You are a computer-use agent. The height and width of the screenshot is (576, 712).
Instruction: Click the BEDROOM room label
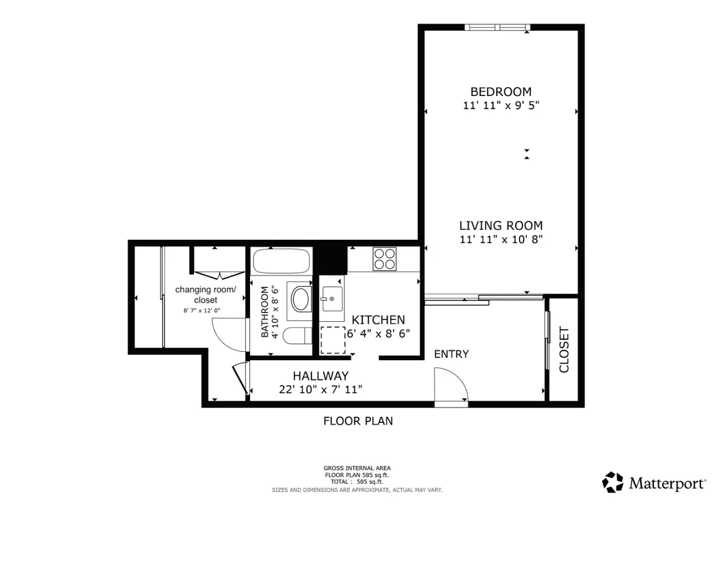point(501,92)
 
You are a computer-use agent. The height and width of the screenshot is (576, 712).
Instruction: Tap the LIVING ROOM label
point(501,226)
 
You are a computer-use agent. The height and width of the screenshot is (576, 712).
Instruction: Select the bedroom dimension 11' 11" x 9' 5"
point(501,105)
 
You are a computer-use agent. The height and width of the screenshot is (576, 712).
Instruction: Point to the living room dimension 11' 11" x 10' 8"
point(501,240)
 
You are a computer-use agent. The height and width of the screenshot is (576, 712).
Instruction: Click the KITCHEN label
point(378,320)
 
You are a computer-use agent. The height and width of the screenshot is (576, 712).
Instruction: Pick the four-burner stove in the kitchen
point(385,259)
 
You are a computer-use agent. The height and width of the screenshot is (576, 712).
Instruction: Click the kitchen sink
point(332,299)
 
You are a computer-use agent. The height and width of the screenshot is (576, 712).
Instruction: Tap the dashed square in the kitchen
point(333,340)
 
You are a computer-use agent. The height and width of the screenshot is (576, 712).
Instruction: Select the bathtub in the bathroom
point(281,261)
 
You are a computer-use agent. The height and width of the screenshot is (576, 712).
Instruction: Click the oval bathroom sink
point(302,299)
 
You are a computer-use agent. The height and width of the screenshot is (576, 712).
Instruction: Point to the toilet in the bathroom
point(297,336)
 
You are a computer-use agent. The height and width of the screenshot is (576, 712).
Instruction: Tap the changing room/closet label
point(205,295)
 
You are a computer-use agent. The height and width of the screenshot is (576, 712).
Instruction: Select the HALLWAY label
point(321,376)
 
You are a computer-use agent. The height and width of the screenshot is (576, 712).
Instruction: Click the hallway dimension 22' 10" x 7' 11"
point(321,390)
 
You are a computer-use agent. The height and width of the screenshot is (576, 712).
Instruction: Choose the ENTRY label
point(451,354)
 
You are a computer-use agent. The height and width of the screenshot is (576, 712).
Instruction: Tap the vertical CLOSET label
point(564,350)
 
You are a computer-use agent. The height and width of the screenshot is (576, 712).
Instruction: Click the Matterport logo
point(654,483)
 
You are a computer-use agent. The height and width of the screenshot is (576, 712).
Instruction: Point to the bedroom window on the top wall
point(497,27)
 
